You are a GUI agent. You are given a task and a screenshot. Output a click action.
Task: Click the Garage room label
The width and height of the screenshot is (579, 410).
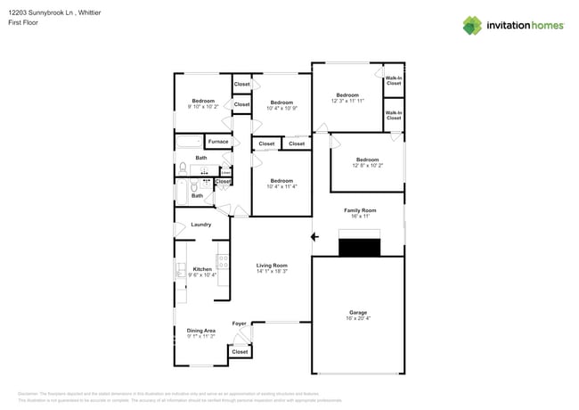click(358, 312)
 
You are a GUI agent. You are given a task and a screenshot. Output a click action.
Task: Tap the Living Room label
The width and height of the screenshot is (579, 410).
click(272, 265)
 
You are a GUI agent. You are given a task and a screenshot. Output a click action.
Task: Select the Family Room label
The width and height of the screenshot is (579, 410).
click(361, 209)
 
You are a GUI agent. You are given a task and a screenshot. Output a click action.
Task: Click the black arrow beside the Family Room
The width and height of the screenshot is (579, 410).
click(314, 237)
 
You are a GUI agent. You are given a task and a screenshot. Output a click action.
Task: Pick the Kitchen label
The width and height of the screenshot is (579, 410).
click(202, 268)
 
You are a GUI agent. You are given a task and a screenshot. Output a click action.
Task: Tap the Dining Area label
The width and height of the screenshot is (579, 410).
click(201, 330)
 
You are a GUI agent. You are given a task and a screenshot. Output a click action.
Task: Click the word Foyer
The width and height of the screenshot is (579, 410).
click(239, 323)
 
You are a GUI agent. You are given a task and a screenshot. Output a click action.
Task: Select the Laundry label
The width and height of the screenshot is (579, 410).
click(200, 225)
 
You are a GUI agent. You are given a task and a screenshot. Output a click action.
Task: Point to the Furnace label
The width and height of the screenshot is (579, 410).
click(218, 142)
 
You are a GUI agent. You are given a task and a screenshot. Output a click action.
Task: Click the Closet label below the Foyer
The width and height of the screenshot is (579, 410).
click(240, 352)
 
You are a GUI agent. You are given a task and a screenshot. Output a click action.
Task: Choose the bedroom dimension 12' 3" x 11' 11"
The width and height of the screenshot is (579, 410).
click(347, 102)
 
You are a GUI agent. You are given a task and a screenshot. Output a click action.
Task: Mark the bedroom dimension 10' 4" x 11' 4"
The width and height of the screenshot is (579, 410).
click(281, 186)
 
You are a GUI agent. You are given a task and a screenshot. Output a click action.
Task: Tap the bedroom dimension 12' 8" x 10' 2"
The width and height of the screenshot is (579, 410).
click(367, 166)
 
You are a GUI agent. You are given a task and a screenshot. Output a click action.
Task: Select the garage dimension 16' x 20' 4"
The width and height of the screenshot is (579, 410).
click(358, 318)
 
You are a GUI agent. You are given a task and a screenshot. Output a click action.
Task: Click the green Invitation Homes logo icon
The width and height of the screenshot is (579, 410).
click(472, 25)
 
